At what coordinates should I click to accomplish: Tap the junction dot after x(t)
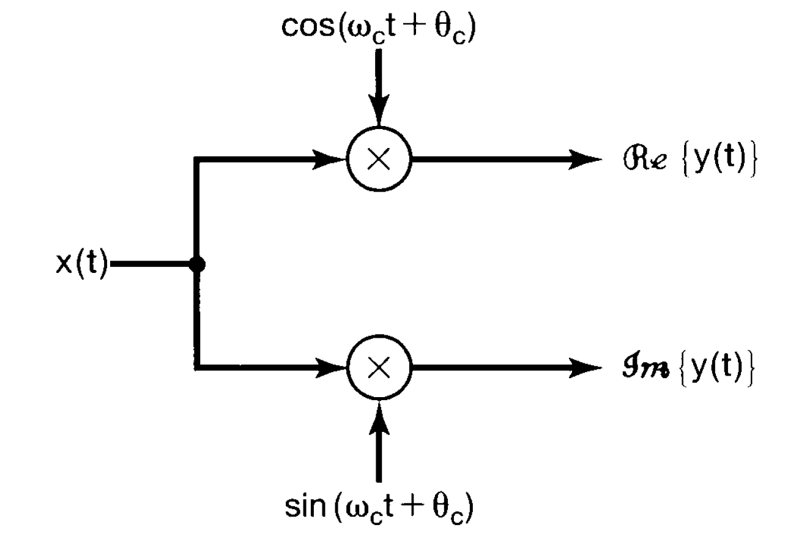(197, 264)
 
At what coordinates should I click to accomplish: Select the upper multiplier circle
(379, 160)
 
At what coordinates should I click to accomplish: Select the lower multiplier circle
(379, 368)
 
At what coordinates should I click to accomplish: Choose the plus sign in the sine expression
(417, 505)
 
